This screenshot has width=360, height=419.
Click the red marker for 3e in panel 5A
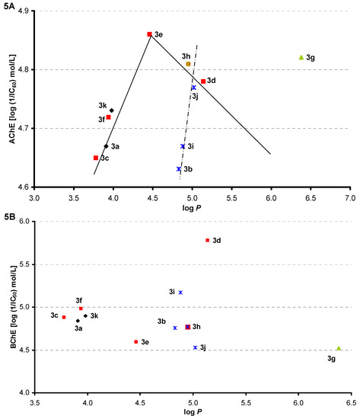point(149,34)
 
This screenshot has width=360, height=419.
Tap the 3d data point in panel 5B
point(207,240)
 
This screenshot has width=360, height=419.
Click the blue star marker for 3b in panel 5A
point(179,169)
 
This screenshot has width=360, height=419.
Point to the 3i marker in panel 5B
point(180,292)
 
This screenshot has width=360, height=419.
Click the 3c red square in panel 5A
point(96,158)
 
